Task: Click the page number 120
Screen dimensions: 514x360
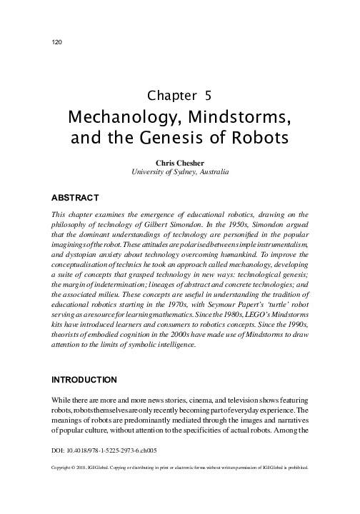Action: tap(59, 41)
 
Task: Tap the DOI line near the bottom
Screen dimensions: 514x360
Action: tap(105, 453)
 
